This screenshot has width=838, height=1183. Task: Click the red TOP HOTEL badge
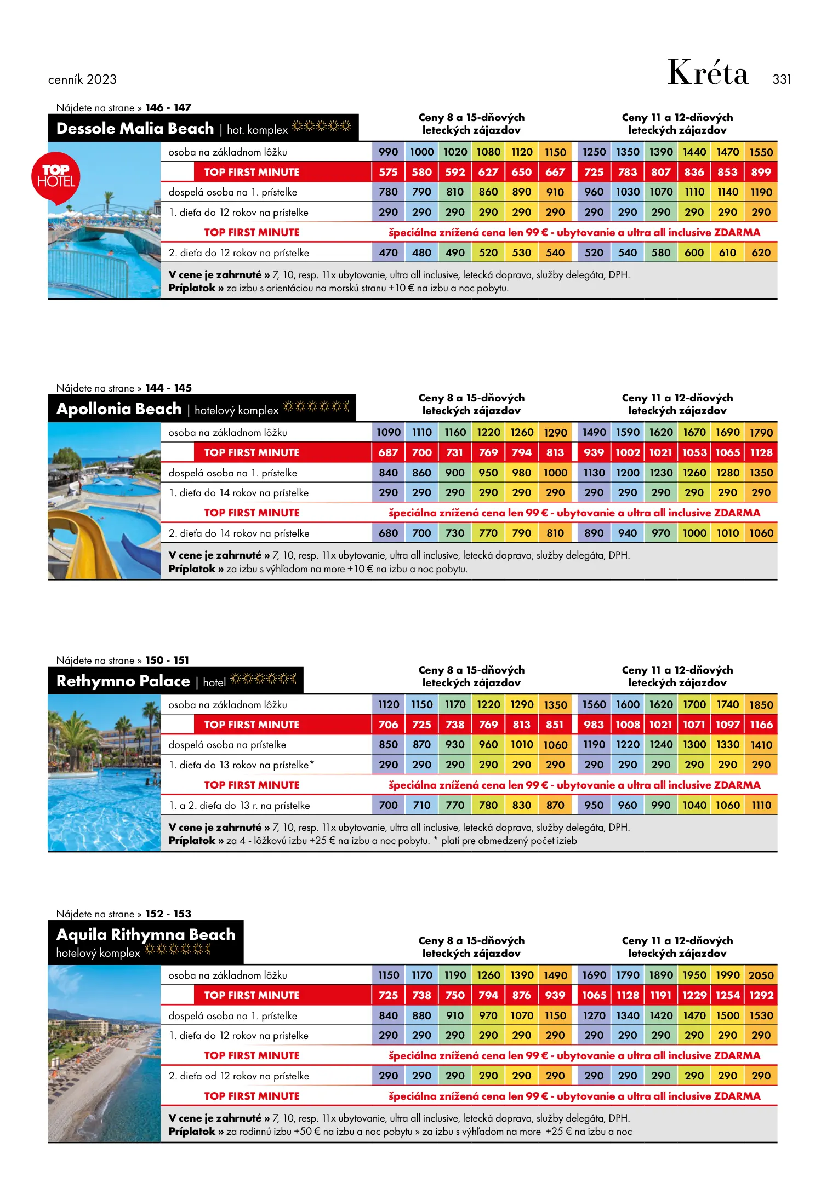(x=56, y=177)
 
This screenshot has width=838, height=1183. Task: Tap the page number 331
(x=782, y=79)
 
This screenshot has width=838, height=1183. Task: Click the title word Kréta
(x=708, y=73)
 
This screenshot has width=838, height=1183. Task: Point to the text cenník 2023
(x=82, y=79)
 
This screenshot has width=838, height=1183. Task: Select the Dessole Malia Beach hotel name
(x=135, y=129)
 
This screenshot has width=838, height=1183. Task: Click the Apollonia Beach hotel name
(x=119, y=409)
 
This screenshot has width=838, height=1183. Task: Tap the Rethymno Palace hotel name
(x=123, y=681)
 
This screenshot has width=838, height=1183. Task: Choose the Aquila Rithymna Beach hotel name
(x=146, y=934)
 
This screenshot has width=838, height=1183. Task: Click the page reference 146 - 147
(x=168, y=108)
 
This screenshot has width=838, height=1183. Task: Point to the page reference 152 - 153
(x=168, y=914)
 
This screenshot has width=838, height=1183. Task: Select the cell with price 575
(x=388, y=173)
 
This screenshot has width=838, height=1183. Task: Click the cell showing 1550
(x=761, y=152)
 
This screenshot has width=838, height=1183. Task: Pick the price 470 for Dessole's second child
(x=388, y=253)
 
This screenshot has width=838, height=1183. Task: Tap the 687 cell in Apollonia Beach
(x=388, y=453)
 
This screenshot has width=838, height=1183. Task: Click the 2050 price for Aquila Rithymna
(x=761, y=975)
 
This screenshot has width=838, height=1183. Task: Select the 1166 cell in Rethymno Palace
(x=761, y=725)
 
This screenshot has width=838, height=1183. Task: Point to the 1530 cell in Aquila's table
(x=761, y=1016)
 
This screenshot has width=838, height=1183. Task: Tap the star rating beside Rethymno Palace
(x=264, y=679)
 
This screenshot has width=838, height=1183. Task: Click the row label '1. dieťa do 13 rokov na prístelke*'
(x=241, y=765)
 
